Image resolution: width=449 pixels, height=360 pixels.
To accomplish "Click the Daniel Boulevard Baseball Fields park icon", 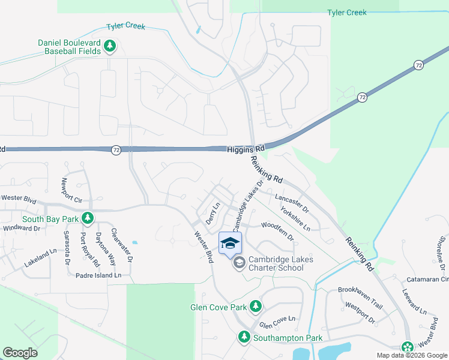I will [110, 46].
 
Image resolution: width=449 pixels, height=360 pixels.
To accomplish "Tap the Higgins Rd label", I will [246, 149].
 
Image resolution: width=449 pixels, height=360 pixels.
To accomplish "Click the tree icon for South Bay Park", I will [88, 217].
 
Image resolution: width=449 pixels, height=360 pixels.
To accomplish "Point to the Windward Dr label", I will [21, 229].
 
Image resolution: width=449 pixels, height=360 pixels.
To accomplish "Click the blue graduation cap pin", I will [230, 243].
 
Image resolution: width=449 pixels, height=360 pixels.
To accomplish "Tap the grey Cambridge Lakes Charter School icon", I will [239, 263].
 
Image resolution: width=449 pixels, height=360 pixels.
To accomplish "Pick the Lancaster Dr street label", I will [291, 203].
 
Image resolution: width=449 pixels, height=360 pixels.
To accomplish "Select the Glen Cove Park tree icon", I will [256, 307].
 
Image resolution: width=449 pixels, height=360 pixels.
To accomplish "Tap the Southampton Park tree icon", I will [244, 337].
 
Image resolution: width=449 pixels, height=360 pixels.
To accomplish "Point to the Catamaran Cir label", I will [427, 279].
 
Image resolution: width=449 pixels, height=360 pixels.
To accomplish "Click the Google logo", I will [20, 353].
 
